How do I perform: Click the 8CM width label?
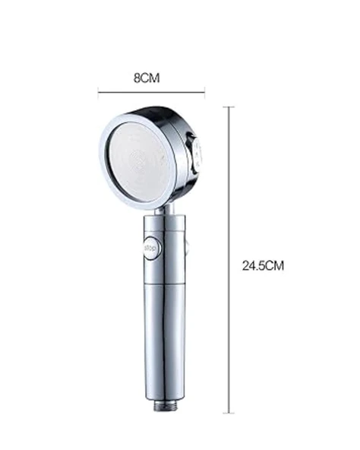pos(150,77)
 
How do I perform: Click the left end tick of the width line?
pos(98,92)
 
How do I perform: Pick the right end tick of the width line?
pos(205,92)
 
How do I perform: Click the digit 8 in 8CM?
pos(137,77)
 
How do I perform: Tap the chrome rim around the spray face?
pos(105,163)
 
